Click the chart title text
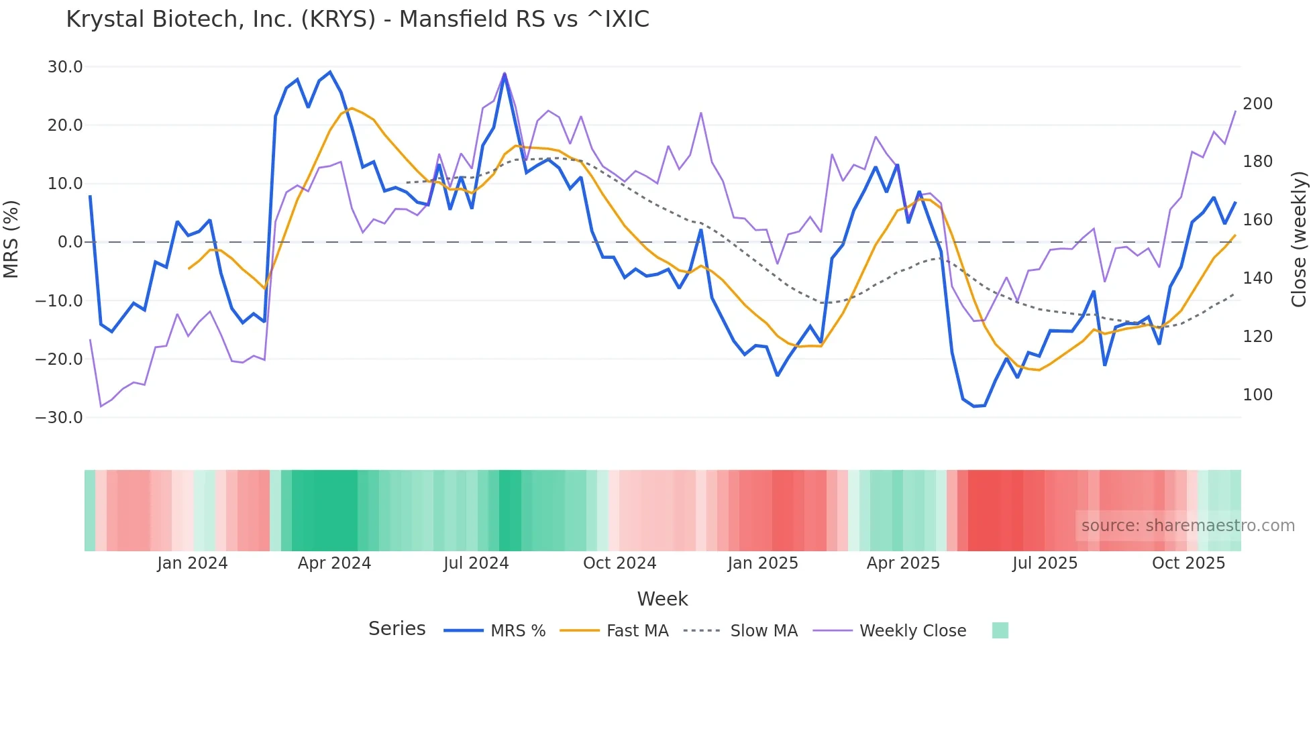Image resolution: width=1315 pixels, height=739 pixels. pyautogui.click(x=358, y=19)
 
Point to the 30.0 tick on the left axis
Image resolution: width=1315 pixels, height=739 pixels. pyautogui.click(x=65, y=67)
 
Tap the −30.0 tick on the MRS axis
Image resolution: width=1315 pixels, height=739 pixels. pyautogui.click(x=60, y=417)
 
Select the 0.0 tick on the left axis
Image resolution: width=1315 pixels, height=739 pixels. pyautogui.click(x=70, y=242)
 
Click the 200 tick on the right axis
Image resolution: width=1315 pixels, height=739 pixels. pyautogui.click(x=1257, y=104)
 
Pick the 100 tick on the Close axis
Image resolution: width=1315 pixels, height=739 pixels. pyautogui.click(x=1257, y=395)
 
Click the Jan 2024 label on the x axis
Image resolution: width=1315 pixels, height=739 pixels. pyautogui.click(x=193, y=563)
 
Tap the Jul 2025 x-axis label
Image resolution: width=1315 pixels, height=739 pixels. pyautogui.click(x=1045, y=563)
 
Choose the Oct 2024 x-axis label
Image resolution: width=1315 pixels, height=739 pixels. pyautogui.click(x=619, y=563)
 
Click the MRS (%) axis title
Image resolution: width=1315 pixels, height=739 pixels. pyautogui.click(x=11, y=239)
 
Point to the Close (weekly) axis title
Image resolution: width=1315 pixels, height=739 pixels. pyautogui.click(x=1299, y=239)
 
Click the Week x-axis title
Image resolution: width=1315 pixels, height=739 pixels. pyautogui.click(x=662, y=599)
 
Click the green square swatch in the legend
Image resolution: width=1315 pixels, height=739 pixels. pyautogui.click(x=1000, y=630)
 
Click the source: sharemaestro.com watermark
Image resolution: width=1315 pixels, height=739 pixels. pyautogui.click(x=1188, y=526)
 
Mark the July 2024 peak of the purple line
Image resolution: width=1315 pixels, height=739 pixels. pyautogui.click(x=505, y=73)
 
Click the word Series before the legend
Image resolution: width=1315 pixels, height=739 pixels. pyautogui.click(x=397, y=629)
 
